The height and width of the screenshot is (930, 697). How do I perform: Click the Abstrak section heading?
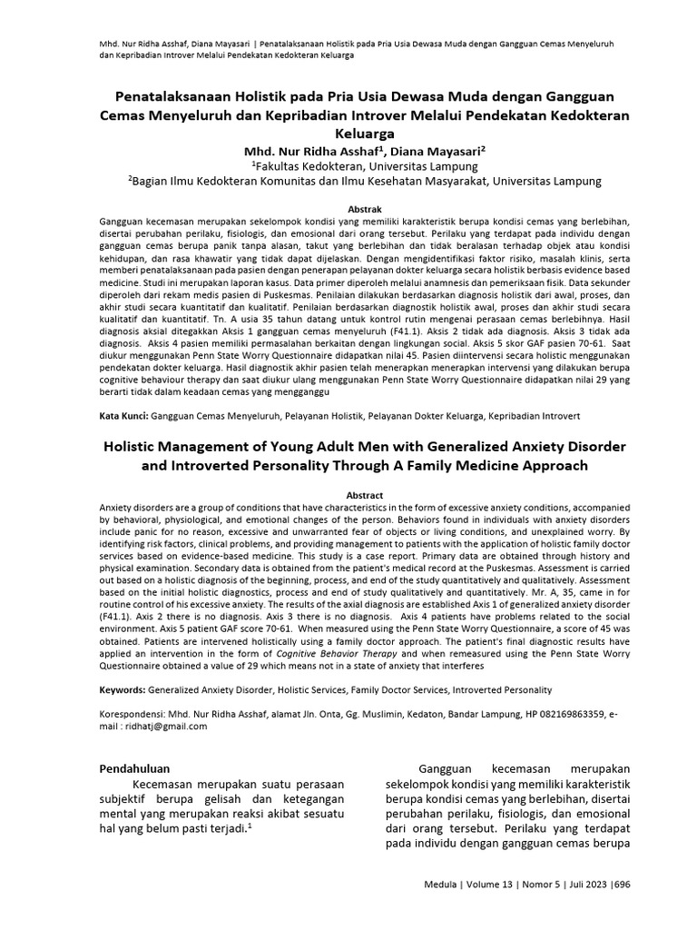[x=349, y=209]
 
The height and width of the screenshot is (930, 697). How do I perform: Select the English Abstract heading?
[x=349, y=494]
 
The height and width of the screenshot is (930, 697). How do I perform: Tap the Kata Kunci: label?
[x=123, y=415]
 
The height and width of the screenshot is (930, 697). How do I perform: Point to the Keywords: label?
[x=123, y=690]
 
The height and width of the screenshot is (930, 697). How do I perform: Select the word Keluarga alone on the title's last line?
[x=349, y=133]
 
